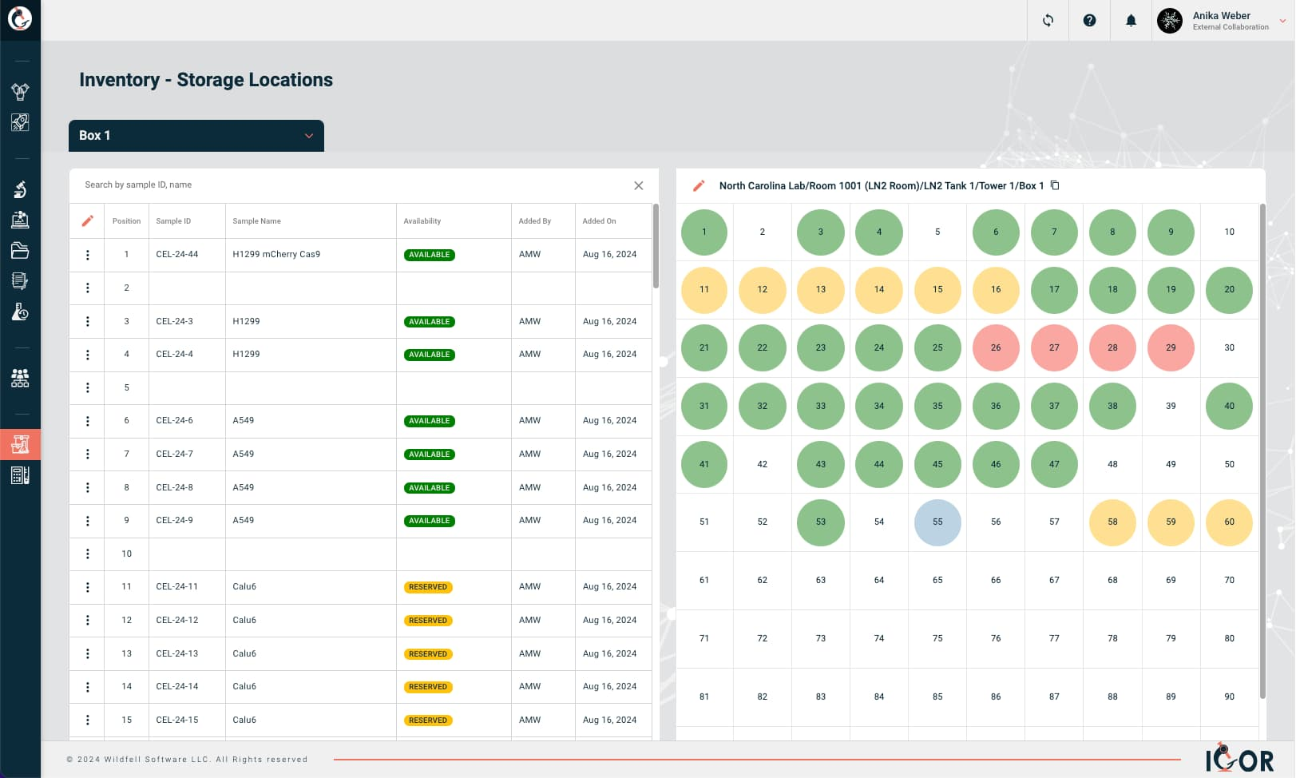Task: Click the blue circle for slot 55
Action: pos(937,522)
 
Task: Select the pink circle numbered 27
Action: pos(1054,347)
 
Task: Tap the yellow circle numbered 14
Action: pos(878,289)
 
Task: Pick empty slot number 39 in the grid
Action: pos(1171,406)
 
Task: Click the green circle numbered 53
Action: pos(820,522)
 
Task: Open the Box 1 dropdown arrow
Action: pos(309,136)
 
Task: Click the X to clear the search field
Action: pos(638,185)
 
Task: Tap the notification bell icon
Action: pos(1131,21)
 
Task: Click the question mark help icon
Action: pos(1089,21)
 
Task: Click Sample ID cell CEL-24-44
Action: pos(177,255)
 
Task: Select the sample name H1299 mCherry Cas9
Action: pos(276,255)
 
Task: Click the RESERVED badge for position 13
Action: pos(429,654)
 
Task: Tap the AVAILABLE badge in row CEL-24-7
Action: pos(430,454)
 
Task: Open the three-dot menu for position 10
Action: pos(88,554)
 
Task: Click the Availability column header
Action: pos(422,221)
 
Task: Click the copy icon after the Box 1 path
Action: pos(1055,185)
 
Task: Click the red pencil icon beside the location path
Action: pos(699,185)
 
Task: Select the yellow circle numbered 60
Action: pos(1229,522)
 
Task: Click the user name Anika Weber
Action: pos(1221,15)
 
